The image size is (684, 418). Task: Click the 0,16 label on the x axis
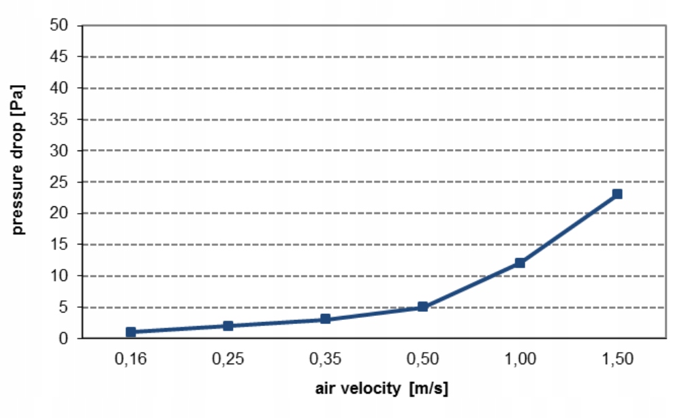point(131,359)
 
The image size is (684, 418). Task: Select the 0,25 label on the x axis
point(228,359)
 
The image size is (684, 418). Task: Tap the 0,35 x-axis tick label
point(326,359)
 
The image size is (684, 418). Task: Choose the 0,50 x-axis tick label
point(422,359)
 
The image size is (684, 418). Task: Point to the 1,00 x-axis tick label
point(520,359)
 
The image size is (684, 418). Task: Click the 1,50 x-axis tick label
point(617,359)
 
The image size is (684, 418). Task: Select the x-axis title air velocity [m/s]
point(382,389)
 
